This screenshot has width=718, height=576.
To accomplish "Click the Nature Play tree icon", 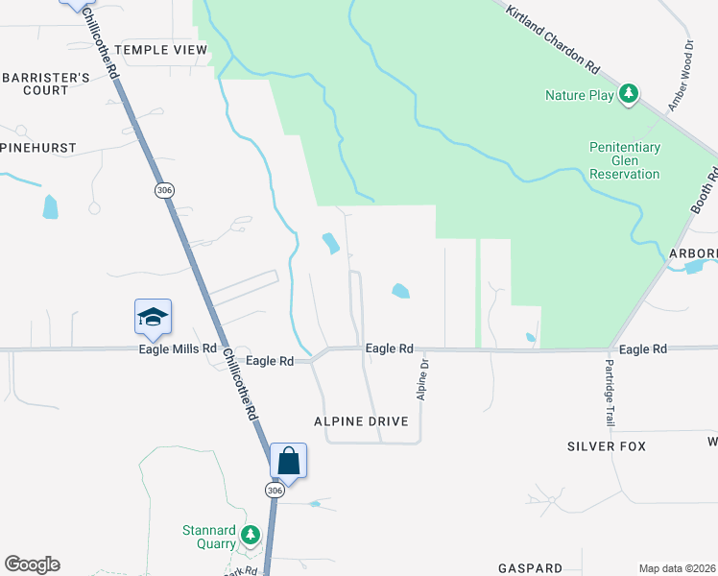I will click(x=629, y=93).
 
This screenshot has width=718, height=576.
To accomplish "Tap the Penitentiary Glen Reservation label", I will click(x=625, y=160).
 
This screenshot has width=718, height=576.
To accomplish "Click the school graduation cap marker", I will click(x=154, y=318).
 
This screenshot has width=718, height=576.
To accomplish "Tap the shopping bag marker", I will click(x=288, y=462).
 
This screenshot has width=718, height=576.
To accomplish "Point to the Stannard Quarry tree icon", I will click(x=251, y=534).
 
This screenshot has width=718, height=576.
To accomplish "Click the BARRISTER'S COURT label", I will click(x=35, y=84).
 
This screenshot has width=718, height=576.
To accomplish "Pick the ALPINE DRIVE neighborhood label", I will click(x=361, y=421).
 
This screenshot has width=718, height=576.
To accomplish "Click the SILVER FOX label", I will click(x=607, y=446).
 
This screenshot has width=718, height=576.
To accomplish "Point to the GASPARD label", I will click(x=530, y=568).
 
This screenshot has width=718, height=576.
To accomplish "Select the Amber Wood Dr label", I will click(x=680, y=76).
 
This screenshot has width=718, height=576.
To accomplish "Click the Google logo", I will click(x=32, y=564).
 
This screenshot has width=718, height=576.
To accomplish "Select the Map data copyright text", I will click(x=677, y=568).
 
